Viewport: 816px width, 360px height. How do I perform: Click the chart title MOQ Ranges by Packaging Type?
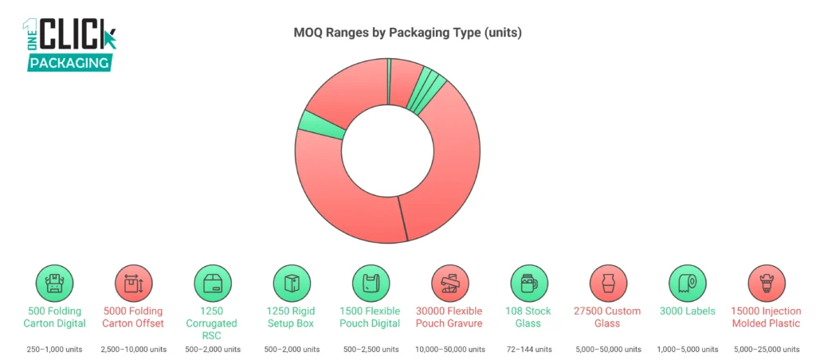coord(408,33)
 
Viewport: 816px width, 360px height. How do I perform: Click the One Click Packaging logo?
coord(69,45)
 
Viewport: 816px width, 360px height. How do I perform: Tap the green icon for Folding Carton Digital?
coord(54,283)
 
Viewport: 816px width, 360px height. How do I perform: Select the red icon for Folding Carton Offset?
coord(133,283)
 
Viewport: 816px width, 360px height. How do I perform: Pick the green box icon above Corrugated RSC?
coord(213,283)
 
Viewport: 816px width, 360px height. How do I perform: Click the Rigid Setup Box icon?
coord(292,283)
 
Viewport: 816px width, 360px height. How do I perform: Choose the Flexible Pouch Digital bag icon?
coord(371,283)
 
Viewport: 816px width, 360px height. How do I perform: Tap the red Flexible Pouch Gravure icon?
coord(449,283)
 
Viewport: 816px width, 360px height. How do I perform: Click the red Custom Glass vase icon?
coord(608,283)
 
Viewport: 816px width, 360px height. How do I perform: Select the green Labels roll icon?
coord(687,283)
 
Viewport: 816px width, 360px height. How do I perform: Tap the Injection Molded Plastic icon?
coord(766,283)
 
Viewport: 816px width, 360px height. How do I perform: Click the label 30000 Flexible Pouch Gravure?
coord(449,317)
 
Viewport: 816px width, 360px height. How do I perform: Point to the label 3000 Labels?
coord(687,311)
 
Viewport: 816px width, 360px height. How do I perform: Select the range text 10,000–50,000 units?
coord(449,350)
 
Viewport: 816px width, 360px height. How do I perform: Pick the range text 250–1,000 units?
coord(54,350)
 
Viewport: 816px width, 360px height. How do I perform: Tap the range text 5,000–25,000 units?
coord(766,350)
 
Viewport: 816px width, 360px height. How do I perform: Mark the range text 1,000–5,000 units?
coord(687,350)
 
